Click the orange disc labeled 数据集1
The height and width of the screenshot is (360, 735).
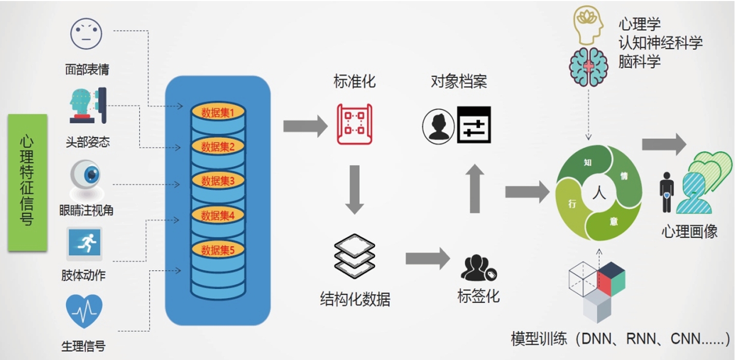[218, 113]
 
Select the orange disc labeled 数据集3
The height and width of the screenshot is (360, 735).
[218, 181]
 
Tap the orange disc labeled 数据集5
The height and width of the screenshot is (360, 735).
[218, 250]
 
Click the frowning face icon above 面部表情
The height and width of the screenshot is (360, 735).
[86, 34]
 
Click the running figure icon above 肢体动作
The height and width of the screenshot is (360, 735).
[85, 243]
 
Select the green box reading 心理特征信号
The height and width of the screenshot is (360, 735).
[28, 183]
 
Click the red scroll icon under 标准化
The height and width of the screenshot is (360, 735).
[354, 124]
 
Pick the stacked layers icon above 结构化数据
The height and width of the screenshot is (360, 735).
[354, 256]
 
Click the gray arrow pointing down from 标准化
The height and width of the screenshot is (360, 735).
[354, 190]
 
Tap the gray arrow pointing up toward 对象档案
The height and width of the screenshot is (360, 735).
[475, 188]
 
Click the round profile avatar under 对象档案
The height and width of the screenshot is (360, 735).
[438, 127]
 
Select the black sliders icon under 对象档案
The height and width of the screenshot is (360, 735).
[474, 124]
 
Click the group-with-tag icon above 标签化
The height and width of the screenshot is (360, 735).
[479, 268]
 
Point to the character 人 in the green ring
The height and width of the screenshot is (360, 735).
[599, 193]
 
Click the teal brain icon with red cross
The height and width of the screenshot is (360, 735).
[589, 67]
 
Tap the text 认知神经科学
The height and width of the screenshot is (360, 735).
[660, 43]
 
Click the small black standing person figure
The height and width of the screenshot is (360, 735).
[667, 192]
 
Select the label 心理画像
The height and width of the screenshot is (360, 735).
[690, 232]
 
